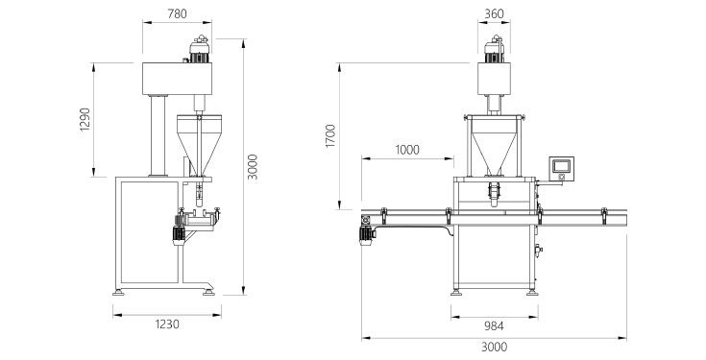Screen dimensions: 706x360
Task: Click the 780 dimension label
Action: pos(177,14)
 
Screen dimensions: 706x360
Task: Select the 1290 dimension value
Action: pos(85,119)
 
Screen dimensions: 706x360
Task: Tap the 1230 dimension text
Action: pos(167,324)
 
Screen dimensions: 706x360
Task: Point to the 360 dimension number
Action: pos(494,14)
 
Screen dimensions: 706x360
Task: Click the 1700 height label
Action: pos(331,136)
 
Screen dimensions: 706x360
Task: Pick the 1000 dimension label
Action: pos(407,150)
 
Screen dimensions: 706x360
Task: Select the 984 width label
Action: pos(494,325)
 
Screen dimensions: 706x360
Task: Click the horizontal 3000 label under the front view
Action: pos(494,347)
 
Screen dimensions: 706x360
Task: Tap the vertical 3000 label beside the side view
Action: pos(254,167)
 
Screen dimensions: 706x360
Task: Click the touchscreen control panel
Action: pos(562,169)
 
